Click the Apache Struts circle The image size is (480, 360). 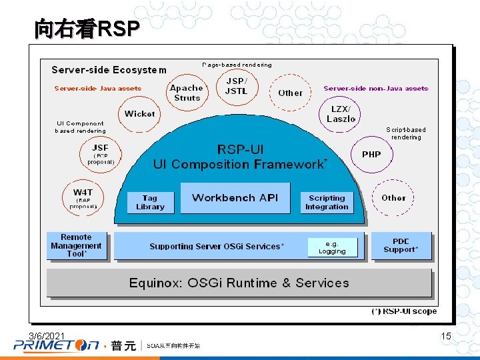[187, 93]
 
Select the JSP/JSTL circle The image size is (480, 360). [235, 87]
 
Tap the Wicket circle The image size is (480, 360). [140, 114]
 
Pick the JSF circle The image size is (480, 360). [100, 153]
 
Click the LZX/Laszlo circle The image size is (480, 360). [341, 114]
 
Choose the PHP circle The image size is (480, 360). [371, 155]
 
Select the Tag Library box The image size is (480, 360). [150, 203]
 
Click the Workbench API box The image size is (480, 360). [235, 197]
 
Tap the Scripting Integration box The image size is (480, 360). [327, 203]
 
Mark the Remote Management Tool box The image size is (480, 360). [76, 245]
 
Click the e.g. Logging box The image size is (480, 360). [332, 248]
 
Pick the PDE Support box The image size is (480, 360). [401, 245]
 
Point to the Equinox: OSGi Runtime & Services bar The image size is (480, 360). [239, 283]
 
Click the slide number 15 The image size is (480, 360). [446, 337]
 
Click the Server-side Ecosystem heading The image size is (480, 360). [109, 69]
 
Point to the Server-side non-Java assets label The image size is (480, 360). [376, 88]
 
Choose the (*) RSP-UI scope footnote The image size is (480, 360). [404, 311]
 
